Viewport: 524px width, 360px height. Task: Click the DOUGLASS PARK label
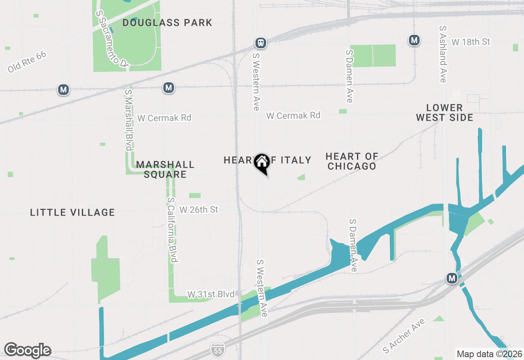coord(167,22)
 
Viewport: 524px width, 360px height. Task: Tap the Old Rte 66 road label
coord(27,62)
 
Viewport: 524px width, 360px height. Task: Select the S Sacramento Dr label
coord(112,39)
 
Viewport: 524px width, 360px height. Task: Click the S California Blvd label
coord(172,230)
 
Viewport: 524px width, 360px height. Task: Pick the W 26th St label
coord(199,209)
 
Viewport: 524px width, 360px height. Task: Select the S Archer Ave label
coord(404,336)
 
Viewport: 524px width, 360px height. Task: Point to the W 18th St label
coord(471,42)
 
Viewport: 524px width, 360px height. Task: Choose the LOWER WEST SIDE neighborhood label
coord(445,112)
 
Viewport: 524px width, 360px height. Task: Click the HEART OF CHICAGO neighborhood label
coord(352,161)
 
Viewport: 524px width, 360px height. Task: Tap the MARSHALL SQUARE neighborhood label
coord(165,169)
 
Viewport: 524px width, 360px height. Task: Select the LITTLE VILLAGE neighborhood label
coord(72,212)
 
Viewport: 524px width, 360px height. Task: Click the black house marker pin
coord(262,163)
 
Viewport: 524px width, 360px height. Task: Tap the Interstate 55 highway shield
coord(217,349)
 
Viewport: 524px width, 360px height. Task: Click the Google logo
coord(27,350)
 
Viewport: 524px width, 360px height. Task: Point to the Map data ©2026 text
coord(489,354)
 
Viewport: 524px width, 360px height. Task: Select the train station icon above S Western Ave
coord(260,43)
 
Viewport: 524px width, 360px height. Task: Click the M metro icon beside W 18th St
coord(414,40)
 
